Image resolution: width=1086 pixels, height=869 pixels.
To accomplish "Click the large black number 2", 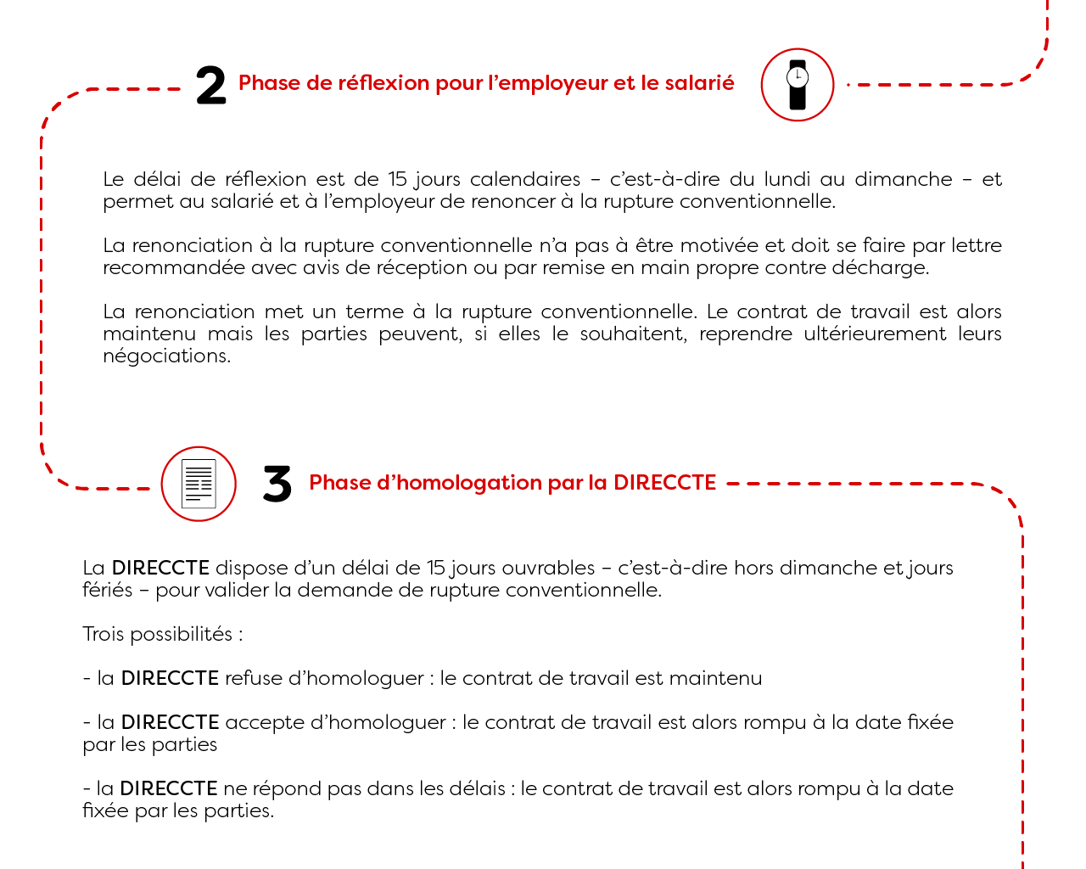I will point(210,87).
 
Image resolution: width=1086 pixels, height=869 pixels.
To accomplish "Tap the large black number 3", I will point(277,485).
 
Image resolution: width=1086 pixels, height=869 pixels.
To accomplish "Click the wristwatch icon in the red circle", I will point(798,85).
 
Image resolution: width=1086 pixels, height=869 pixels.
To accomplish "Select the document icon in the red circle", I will point(199,484).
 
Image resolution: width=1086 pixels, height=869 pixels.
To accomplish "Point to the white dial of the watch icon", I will point(798,77).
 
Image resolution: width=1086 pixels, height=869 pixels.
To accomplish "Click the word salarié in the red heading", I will point(699,83).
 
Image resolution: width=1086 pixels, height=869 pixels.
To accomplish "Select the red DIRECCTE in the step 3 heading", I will point(664,483).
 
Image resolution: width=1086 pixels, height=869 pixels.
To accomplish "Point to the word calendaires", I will point(525,180).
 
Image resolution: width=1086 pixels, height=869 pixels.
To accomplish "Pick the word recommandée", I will point(174,268).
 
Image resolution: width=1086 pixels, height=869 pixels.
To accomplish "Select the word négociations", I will point(166,356).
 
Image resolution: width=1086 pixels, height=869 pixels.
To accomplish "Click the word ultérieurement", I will point(876,334).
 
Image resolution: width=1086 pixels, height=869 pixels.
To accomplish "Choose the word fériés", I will point(108,591).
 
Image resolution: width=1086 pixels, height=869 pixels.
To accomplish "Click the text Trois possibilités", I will point(162,635).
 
